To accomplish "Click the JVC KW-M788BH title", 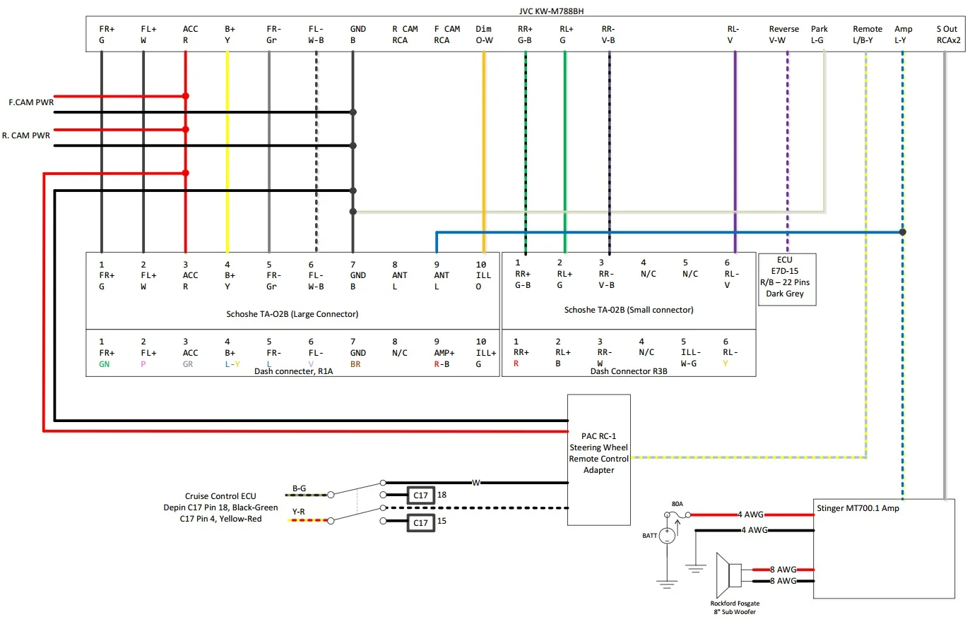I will click(551, 11).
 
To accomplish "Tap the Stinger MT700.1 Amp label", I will click(858, 508).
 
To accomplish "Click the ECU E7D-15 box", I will click(786, 277).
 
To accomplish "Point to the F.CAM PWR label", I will click(31, 102).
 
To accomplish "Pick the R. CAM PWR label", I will click(26, 136).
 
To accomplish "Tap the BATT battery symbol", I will click(667, 536).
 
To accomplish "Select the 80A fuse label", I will click(677, 504).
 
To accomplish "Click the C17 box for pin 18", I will click(420, 495).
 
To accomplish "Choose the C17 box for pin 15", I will click(420, 522).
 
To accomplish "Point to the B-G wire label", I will click(300, 488).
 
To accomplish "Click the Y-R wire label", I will click(299, 512).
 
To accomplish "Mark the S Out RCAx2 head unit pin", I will click(948, 35).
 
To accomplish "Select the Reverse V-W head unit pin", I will click(783, 35).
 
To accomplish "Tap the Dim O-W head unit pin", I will click(484, 35).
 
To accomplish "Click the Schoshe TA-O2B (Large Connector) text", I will click(292, 314).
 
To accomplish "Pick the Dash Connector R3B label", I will click(628, 371).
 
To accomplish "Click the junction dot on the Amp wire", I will click(902, 232).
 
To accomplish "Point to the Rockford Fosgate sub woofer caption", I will click(735, 608).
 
